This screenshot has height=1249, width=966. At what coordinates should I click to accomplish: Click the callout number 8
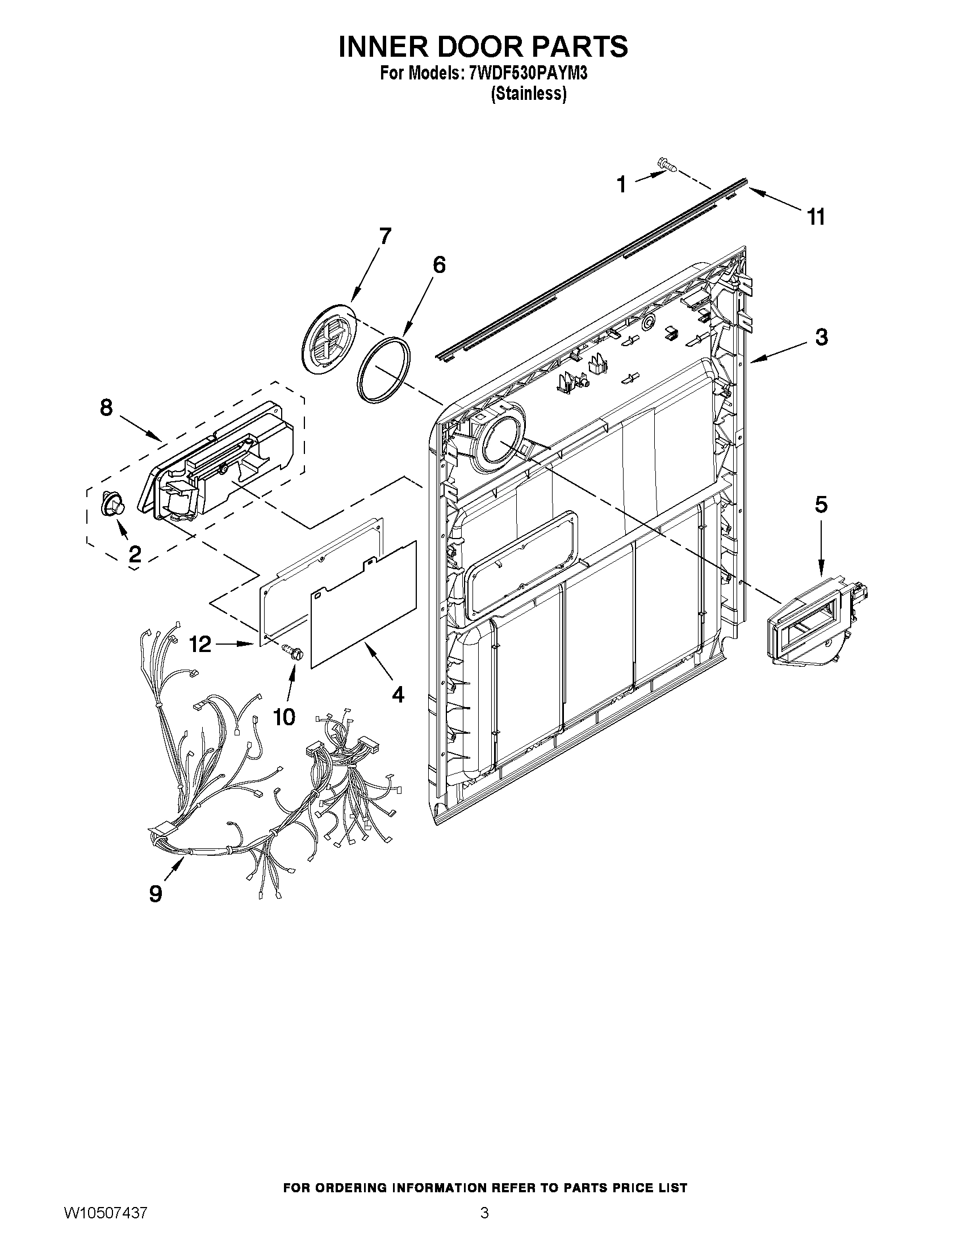click(x=106, y=408)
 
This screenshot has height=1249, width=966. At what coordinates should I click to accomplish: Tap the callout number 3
click(x=821, y=338)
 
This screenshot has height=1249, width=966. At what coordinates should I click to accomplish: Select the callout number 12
click(x=200, y=645)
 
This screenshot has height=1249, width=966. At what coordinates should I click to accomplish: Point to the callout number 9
click(x=156, y=893)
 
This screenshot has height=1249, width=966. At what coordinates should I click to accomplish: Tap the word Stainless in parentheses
click(x=529, y=94)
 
